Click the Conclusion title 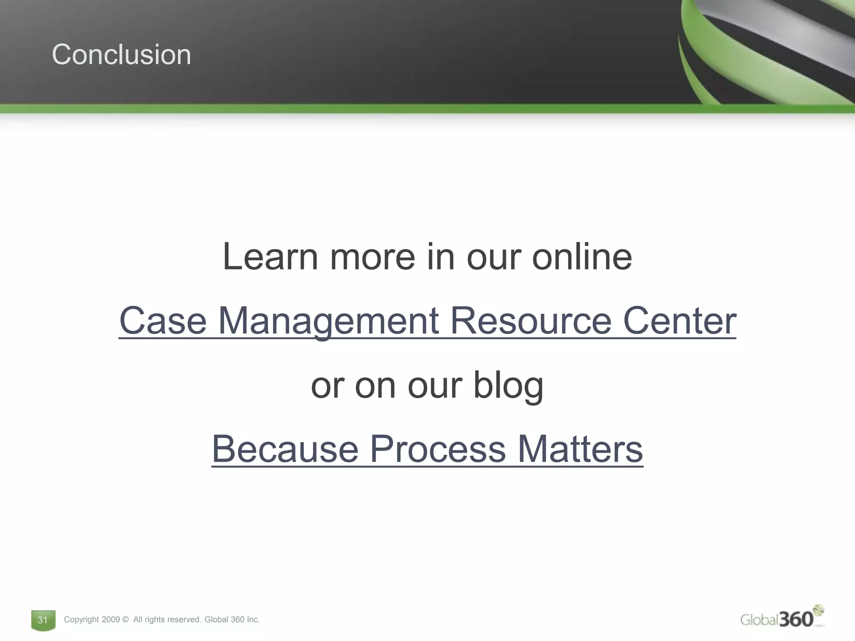pos(121,55)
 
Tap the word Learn pos(270,257)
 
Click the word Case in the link pos(163,320)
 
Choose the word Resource pos(531,320)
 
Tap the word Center pos(679,320)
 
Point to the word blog pos(508,385)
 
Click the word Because pos(285,449)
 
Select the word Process pos(438,449)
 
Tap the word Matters pos(580,449)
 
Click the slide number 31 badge pos(43,620)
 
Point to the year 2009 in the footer pos(111,620)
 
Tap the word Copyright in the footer pos(81,620)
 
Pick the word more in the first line pos(372,257)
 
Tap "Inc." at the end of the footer pos(253,620)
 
